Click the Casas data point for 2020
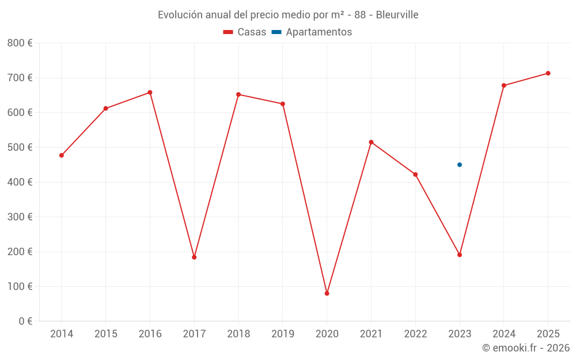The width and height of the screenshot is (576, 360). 327,294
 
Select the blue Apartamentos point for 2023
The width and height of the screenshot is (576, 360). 460,165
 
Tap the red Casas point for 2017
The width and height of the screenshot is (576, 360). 194,257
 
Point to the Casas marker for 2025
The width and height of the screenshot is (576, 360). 548,73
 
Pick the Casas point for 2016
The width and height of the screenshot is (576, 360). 150,92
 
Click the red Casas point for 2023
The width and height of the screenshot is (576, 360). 460,255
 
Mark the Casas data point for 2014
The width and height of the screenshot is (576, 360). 62,156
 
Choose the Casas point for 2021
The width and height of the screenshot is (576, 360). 371,142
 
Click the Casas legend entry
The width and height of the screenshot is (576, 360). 245,32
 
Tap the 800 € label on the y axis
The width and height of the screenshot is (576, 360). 20,43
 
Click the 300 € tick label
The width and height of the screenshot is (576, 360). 20,217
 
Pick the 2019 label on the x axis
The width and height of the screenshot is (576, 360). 283,334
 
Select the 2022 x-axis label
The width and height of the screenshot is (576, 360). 415,334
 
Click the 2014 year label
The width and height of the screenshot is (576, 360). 62,334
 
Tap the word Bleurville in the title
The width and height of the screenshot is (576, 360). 397,14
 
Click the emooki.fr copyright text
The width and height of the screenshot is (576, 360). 526,348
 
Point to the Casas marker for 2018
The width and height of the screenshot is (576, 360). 238,94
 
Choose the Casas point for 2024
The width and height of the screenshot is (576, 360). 504,85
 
